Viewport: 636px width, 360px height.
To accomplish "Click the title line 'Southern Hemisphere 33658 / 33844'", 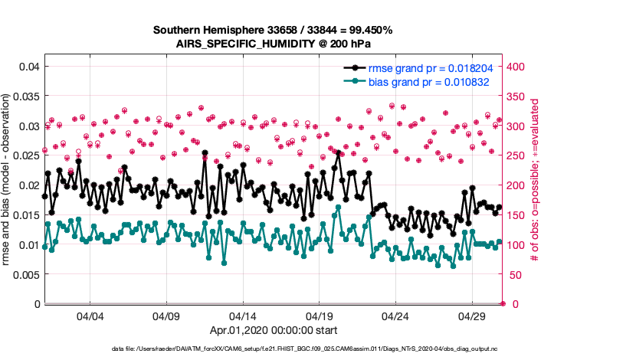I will (x=273, y=30).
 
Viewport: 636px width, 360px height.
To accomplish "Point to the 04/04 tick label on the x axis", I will (x=90, y=316).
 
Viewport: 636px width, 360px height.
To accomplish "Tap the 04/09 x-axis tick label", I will (x=166, y=316).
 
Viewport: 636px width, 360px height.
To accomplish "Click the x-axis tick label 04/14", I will (x=243, y=316).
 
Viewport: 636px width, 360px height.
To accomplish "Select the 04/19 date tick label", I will (x=319, y=316).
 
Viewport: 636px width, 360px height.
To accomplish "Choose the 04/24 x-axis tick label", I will (x=395, y=316).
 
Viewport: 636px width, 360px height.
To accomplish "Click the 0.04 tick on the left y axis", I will (x=29, y=67).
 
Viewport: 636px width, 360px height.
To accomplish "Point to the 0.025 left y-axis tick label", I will (x=26, y=156).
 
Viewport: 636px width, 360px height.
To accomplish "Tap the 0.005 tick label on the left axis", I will (x=26, y=275).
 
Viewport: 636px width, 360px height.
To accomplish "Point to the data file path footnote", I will (x=315, y=349).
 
